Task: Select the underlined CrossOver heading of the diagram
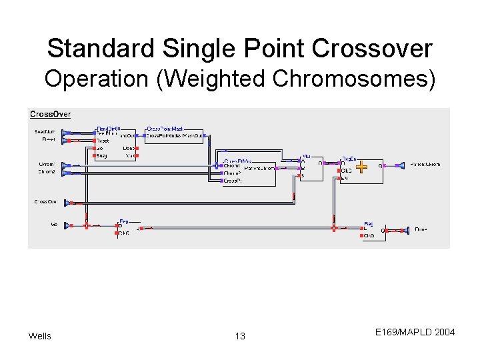click(x=51, y=114)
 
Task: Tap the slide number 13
click(x=240, y=336)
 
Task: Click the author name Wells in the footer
click(x=40, y=336)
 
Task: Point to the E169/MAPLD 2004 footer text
click(x=415, y=331)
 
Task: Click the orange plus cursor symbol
click(x=361, y=166)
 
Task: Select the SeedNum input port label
click(x=45, y=132)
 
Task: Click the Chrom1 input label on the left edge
click(x=47, y=164)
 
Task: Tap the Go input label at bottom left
click(x=53, y=225)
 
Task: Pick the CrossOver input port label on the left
click(x=46, y=201)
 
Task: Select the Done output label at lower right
click(x=421, y=229)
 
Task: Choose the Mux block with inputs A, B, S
click(x=311, y=167)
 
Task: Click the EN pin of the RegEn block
click(x=344, y=179)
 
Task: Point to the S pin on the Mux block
click(x=303, y=176)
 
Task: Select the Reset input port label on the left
click(x=48, y=140)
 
